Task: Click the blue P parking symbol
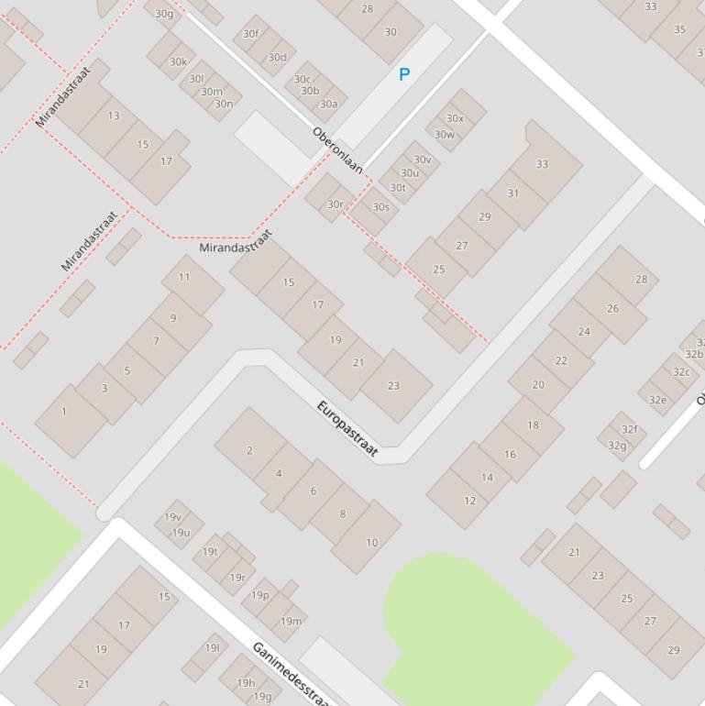[x=403, y=74]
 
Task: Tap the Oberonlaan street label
[x=337, y=150]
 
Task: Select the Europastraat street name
[x=347, y=428]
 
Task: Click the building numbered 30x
[x=455, y=118]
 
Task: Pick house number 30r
[x=336, y=204]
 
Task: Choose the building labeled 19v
[x=172, y=517]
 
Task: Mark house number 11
[x=184, y=277]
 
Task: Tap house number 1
[x=64, y=412]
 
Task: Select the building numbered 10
[x=371, y=542]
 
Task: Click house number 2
[x=249, y=450]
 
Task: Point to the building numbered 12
[x=469, y=501]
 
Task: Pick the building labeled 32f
[x=629, y=429]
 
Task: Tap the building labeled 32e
[x=658, y=400]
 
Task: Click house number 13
[x=114, y=116]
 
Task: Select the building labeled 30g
[x=164, y=13]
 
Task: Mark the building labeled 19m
[x=291, y=621]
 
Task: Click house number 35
[x=679, y=29]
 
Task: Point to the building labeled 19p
[x=260, y=595]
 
